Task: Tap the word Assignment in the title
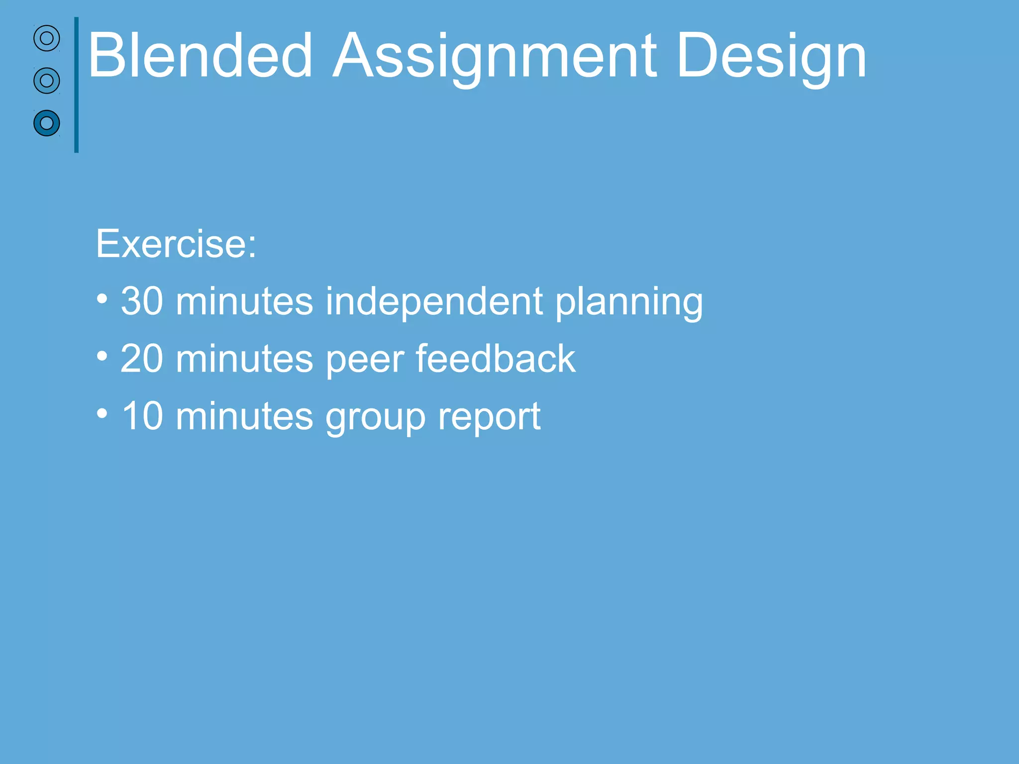tap(495, 56)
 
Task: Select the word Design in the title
tap(771, 56)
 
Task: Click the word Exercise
tap(176, 244)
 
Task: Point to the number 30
tap(142, 301)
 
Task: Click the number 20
tap(142, 359)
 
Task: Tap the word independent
tap(434, 301)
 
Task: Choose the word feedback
tap(496, 359)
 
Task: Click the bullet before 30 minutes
tap(102, 299)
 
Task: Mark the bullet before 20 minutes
tap(102, 357)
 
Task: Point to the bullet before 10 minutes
tap(102, 414)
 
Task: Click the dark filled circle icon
tap(47, 123)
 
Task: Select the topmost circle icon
tap(47, 38)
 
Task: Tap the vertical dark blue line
tap(76, 85)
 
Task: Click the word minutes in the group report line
tap(244, 416)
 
